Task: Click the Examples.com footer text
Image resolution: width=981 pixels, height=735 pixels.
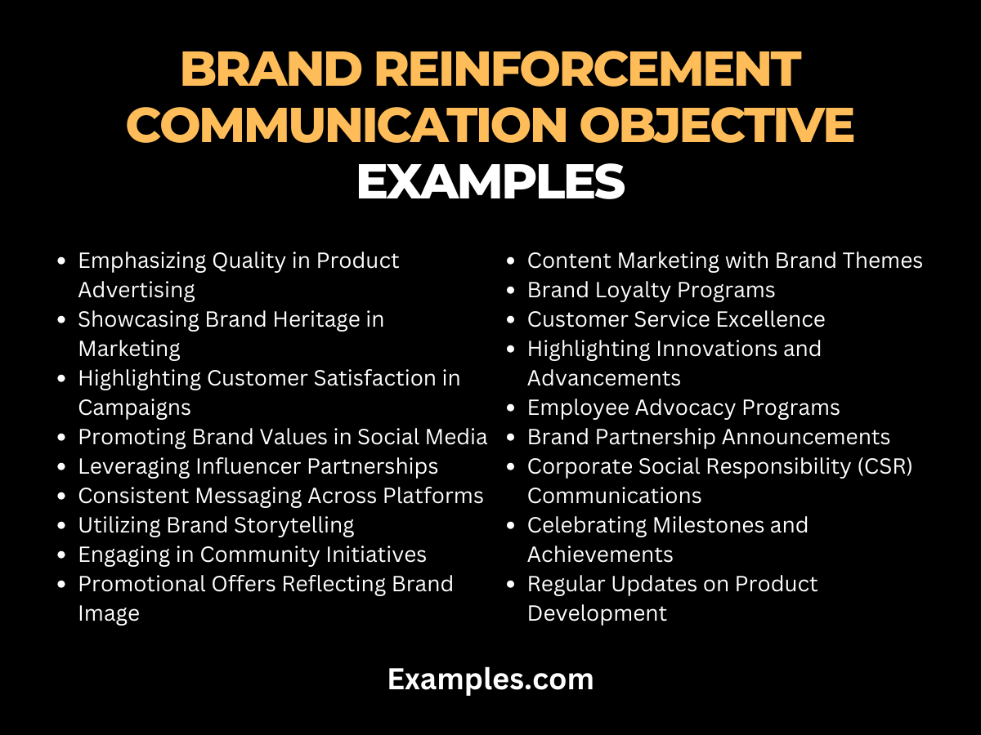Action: point(490,679)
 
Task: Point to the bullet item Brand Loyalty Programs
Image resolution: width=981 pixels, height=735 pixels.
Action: point(651,290)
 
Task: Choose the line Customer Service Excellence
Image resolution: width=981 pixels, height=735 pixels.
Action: point(676,319)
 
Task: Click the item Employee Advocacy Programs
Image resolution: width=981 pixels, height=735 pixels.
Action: point(683,408)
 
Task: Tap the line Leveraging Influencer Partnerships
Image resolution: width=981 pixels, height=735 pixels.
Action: point(258,466)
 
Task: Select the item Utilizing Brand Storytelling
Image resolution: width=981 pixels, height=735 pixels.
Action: point(216,525)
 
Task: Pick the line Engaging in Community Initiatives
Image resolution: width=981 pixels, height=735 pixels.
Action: point(252,555)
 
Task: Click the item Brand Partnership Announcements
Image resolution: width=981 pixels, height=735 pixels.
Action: point(708,437)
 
